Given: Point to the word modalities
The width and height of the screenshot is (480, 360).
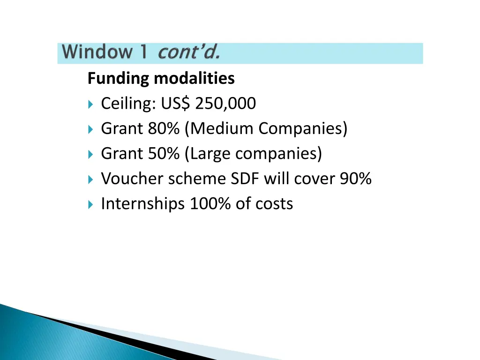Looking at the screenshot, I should (x=194, y=78).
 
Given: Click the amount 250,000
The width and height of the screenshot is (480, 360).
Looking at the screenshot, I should (x=225, y=103).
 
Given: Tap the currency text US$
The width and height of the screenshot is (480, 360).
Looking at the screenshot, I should (x=175, y=103).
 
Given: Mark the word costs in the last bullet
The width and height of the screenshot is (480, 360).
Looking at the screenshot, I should (x=274, y=204).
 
